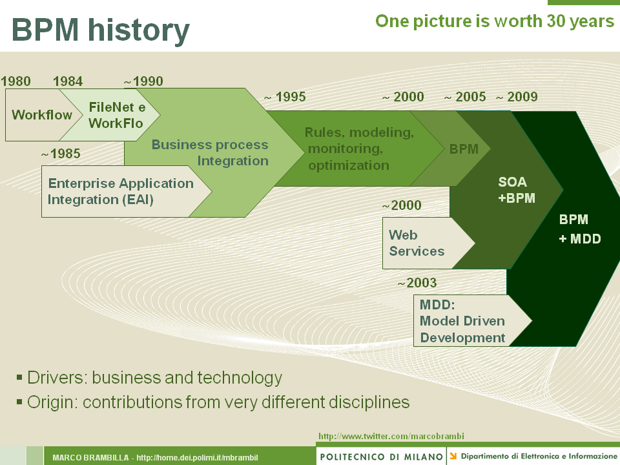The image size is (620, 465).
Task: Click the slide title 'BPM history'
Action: (x=101, y=30)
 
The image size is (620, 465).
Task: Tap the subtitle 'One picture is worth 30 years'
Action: (x=495, y=21)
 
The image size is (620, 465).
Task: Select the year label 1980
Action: (x=16, y=81)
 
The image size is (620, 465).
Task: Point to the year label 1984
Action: (x=68, y=81)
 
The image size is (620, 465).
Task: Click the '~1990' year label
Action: (x=143, y=81)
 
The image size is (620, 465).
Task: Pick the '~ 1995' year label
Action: (x=284, y=98)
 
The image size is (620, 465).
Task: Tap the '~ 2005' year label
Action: (x=465, y=98)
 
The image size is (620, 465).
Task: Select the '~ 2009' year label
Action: (x=517, y=98)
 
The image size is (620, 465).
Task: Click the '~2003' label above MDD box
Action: (x=417, y=283)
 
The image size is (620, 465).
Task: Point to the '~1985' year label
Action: (x=61, y=154)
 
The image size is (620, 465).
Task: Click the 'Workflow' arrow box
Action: (x=42, y=115)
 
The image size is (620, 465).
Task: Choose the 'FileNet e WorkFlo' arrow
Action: (x=116, y=115)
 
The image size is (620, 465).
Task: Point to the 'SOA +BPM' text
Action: (x=517, y=191)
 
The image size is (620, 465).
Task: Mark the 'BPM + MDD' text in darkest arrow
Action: (x=579, y=229)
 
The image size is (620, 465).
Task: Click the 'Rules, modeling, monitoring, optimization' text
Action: (x=358, y=149)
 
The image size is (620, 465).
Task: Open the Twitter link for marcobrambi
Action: (x=391, y=436)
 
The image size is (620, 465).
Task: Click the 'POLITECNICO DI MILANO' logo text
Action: (x=381, y=457)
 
